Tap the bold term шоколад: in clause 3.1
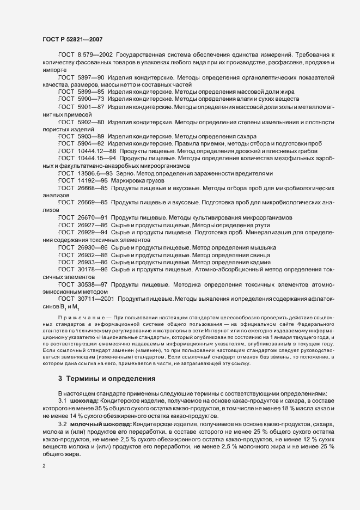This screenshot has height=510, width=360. (x=85, y=400)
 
